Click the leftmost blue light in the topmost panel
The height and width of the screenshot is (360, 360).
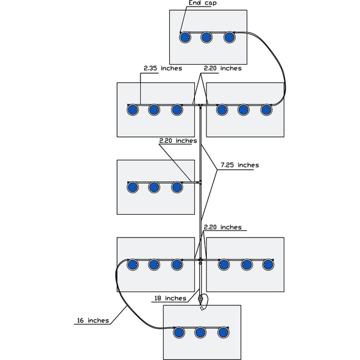(185, 37)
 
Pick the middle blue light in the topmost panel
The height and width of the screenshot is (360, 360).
(207, 37)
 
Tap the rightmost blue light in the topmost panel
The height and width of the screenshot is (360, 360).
(230, 37)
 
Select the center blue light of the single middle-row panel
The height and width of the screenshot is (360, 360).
(154, 187)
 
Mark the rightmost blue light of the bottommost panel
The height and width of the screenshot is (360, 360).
(224, 332)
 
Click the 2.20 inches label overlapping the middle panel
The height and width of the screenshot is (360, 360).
(178, 141)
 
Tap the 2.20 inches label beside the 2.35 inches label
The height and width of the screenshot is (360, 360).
(223, 68)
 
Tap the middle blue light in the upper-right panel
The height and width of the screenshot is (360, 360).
(244, 110)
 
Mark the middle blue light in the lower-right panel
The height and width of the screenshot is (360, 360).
(246, 264)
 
